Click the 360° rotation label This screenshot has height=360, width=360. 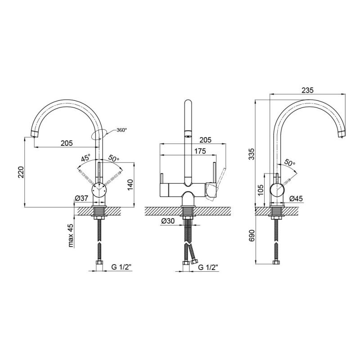tap(121, 130)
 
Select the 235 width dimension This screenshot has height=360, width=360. tap(307, 90)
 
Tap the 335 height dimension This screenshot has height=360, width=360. tap(252, 154)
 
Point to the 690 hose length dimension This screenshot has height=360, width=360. tap(252, 235)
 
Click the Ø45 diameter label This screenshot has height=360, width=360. tap(296, 198)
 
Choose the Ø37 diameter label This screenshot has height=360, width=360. tap(81, 198)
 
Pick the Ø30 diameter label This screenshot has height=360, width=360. tap(168, 221)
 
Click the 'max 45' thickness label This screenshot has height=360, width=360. tap(71, 235)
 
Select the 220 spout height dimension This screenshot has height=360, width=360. tap(21, 172)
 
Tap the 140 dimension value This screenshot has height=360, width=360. tap(130, 185)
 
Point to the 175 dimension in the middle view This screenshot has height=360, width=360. tap(200, 151)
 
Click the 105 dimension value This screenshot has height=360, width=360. tap(261, 190)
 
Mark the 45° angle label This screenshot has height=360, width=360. tap(86, 158)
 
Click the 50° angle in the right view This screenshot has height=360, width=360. tap(290, 162)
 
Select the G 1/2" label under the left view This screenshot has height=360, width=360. tap(121, 267)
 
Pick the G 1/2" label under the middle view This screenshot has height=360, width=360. tap(208, 267)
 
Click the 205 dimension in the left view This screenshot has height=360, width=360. tap(67, 143)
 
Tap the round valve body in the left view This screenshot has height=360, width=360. tap(99, 190)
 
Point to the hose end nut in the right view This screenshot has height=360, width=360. tap(276, 262)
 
